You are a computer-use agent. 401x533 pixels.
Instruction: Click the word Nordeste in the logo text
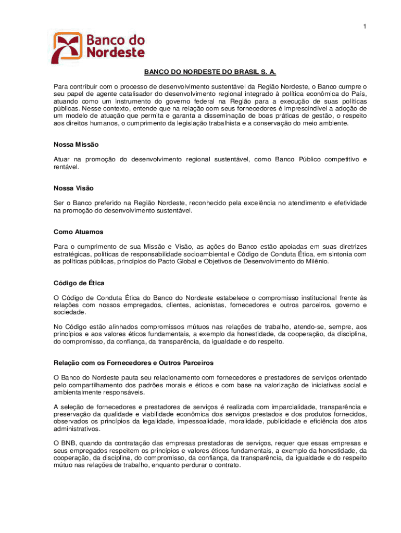[115, 52]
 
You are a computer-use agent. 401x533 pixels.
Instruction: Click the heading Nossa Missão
[76, 144]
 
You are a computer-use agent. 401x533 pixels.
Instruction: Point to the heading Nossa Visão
[73, 188]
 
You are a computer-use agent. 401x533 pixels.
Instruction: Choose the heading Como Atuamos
[78, 232]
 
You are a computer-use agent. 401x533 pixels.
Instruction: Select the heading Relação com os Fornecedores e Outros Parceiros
[133, 362]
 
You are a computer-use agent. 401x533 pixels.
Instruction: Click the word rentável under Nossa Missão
[67, 167]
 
